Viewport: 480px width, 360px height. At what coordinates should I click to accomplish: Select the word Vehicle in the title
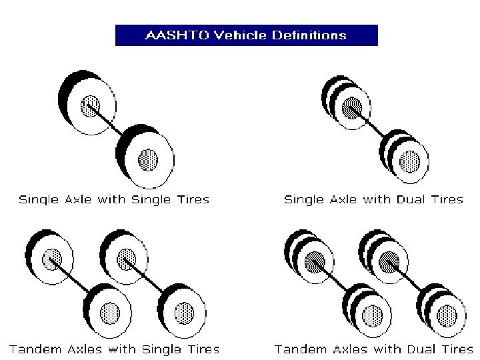tap(237, 35)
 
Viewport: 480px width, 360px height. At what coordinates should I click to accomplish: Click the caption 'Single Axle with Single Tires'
tap(113, 199)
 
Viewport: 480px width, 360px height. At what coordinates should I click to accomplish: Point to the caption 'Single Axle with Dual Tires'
tap(373, 199)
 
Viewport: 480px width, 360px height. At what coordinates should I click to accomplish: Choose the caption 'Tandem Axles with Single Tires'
tap(114, 349)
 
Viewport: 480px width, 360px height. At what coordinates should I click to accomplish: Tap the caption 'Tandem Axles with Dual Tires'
tap(374, 349)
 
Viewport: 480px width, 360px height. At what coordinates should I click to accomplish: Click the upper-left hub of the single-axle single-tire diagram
tap(90, 105)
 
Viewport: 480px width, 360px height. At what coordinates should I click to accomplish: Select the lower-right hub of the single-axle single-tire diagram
tap(148, 159)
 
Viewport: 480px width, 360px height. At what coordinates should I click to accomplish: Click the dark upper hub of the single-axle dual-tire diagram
tap(352, 107)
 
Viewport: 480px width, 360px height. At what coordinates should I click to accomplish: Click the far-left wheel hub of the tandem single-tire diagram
tap(53, 258)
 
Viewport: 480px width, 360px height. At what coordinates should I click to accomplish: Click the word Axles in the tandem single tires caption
tap(77, 349)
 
